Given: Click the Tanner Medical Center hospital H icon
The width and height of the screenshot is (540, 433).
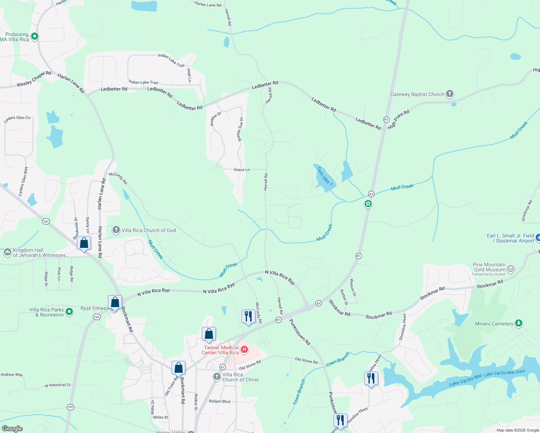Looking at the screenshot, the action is (244, 349).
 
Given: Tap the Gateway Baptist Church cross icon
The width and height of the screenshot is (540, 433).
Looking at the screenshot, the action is (449, 94).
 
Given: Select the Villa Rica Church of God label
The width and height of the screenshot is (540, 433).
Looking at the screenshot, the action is (148, 230).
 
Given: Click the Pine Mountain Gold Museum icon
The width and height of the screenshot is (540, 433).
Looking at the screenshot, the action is (510, 269).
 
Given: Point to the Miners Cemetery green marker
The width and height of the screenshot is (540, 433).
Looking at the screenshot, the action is (519, 323).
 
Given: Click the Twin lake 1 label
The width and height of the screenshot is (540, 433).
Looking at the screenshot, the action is (324, 175).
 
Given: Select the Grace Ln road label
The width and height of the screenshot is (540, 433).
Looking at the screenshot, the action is (241, 170).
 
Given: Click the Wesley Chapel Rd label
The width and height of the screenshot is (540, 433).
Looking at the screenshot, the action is (34, 79).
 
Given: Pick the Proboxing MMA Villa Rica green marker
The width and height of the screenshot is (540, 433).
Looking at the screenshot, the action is (35, 36).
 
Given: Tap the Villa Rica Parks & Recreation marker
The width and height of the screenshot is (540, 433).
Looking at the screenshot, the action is (69, 311).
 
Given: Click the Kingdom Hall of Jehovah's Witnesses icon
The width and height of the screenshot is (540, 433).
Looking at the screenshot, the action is (8, 252).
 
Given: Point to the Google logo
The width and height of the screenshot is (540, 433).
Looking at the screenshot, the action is (12, 428).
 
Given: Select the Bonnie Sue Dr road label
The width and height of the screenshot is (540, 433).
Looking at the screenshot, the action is (240, 129).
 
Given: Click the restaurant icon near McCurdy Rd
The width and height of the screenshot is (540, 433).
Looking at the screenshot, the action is (248, 316).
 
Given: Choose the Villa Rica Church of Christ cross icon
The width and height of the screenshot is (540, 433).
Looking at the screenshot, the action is (217, 377).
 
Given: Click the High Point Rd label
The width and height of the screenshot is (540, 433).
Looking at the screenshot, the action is (399, 119).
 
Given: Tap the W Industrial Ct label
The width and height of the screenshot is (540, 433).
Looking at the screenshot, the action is (57, 385).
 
